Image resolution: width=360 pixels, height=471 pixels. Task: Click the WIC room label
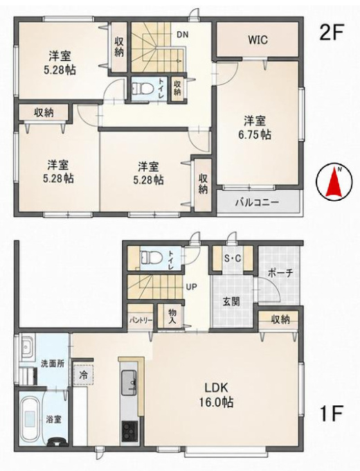(x=258, y=40)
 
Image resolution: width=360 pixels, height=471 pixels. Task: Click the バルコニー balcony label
(x=257, y=202)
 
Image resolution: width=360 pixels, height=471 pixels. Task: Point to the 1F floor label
(x=332, y=414)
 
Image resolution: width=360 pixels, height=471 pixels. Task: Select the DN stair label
(x=182, y=35)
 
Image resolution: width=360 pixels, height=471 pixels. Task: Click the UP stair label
(x=191, y=287)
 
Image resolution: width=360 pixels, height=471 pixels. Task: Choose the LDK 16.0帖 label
(x=217, y=394)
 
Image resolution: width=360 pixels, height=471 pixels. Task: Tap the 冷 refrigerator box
(x=84, y=375)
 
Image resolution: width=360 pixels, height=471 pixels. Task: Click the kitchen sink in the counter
(x=129, y=383)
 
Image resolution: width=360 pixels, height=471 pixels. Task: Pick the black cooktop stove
(x=129, y=431)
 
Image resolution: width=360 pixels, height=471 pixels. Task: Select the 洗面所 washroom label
(x=53, y=364)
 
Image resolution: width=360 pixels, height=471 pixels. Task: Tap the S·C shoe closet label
(x=233, y=258)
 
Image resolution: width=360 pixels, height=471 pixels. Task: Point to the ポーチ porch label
(x=280, y=274)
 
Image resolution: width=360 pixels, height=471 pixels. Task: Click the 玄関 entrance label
(x=231, y=301)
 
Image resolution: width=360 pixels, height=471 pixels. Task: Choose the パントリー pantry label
(x=141, y=320)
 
